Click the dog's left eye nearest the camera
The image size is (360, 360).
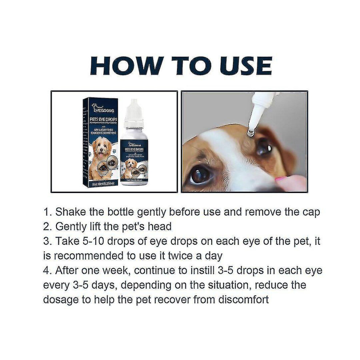pos(200,175)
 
